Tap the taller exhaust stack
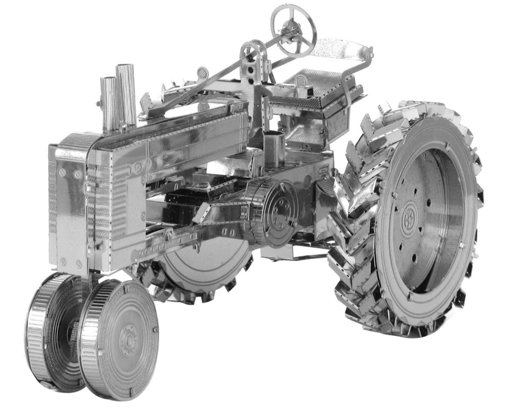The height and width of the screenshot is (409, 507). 126,94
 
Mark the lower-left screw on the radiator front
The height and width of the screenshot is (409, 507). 63,262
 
